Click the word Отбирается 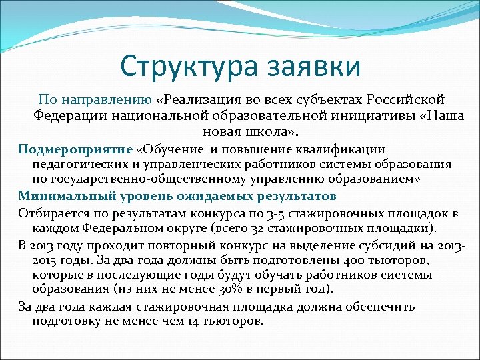[49, 213]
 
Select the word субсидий [395, 243]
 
